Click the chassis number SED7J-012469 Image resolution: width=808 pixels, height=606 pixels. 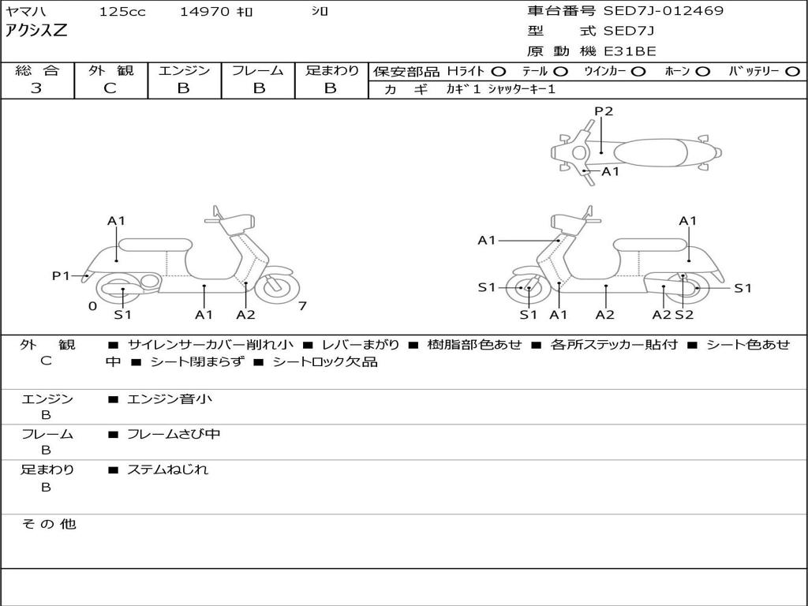(x=663, y=11)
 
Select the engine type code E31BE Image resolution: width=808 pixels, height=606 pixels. (x=630, y=51)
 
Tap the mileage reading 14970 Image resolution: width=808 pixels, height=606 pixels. (x=205, y=12)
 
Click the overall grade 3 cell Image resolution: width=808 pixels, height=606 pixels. (x=36, y=88)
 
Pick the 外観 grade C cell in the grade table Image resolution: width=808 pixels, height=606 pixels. (x=110, y=88)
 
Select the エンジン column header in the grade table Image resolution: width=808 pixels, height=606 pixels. (x=184, y=71)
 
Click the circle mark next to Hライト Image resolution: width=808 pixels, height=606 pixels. (x=499, y=72)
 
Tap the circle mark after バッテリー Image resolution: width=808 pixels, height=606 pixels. (x=792, y=72)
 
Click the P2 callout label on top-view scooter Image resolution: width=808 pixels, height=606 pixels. (x=604, y=111)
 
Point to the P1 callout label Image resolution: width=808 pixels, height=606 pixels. (x=61, y=275)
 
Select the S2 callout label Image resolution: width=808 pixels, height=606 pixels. (x=683, y=315)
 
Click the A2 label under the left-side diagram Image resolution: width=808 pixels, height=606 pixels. (x=246, y=315)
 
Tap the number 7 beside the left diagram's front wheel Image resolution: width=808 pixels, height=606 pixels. (x=302, y=306)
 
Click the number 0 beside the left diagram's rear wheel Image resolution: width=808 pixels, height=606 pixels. (x=92, y=306)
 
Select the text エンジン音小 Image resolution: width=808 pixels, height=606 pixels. (x=170, y=399)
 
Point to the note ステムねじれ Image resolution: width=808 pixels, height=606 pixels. (x=167, y=469)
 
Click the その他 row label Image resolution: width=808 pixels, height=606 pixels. (x=48, y=524)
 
